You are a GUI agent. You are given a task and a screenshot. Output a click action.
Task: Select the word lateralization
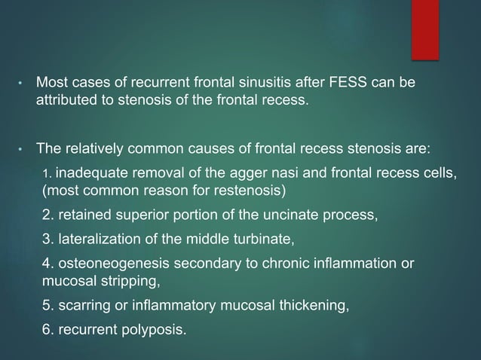[93, 243]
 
